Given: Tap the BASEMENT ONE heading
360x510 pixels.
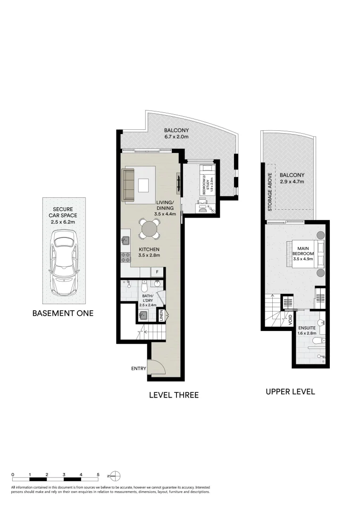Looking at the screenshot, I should tap(63, 313).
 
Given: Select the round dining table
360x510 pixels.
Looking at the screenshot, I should tap(149, 230).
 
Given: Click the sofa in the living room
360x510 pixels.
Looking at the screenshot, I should tap(129, 185).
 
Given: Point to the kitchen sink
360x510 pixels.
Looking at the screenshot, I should tap(126, 240).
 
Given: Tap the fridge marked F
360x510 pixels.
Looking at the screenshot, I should tap(157, 272).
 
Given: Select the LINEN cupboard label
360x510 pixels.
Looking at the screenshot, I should tap(161, 315).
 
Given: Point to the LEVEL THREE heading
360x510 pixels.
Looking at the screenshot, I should tap(174, 395).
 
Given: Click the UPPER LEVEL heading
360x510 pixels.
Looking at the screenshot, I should tap(290, 391).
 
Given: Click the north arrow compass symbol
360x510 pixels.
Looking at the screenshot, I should tap(116, 476).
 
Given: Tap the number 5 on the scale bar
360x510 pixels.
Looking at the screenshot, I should tap(98, 474).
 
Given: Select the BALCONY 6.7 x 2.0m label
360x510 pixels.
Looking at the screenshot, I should tap(176, 134).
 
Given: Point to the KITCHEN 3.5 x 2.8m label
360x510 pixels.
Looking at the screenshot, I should tap(150, 252).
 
